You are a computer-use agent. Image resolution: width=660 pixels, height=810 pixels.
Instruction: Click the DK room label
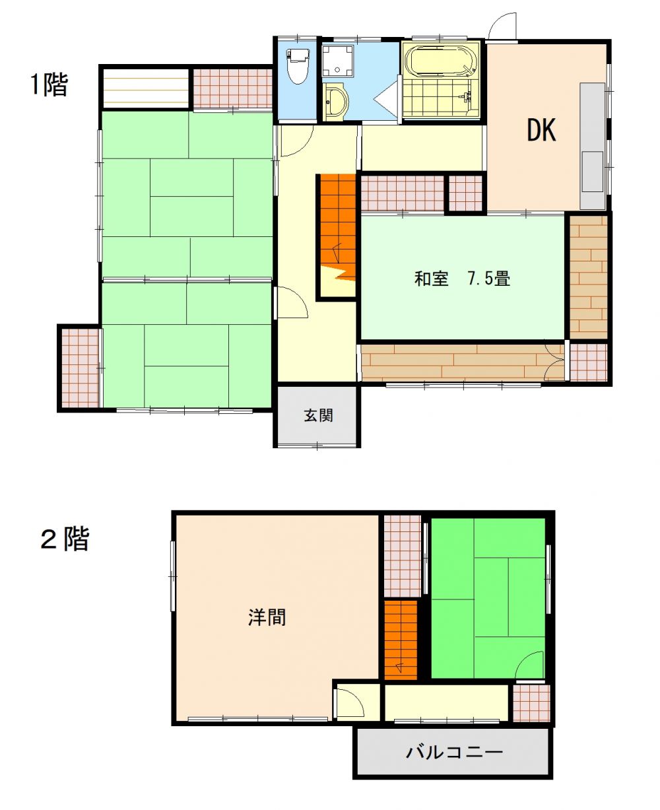[x=541, y=130]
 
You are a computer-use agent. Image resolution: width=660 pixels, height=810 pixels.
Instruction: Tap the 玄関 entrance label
[x=318, y=415]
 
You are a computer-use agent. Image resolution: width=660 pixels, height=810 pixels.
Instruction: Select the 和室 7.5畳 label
[x=462, y=279]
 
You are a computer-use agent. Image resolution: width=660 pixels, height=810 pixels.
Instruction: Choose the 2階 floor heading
[x=65, y=539]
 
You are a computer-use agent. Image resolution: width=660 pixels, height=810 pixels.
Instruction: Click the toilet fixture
[x=298, y=66]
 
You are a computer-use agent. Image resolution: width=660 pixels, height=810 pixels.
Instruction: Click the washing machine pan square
[x=338, y=61]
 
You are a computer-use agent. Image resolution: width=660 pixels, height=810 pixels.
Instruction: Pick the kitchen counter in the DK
[x=592, y=146]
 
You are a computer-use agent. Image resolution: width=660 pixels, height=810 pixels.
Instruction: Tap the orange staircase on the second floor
[x=401, y=640]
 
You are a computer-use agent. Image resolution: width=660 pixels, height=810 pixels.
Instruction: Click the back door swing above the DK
[x=502, y=26]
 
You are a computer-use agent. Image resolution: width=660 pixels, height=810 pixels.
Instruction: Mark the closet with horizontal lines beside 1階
[x=145, y=88]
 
